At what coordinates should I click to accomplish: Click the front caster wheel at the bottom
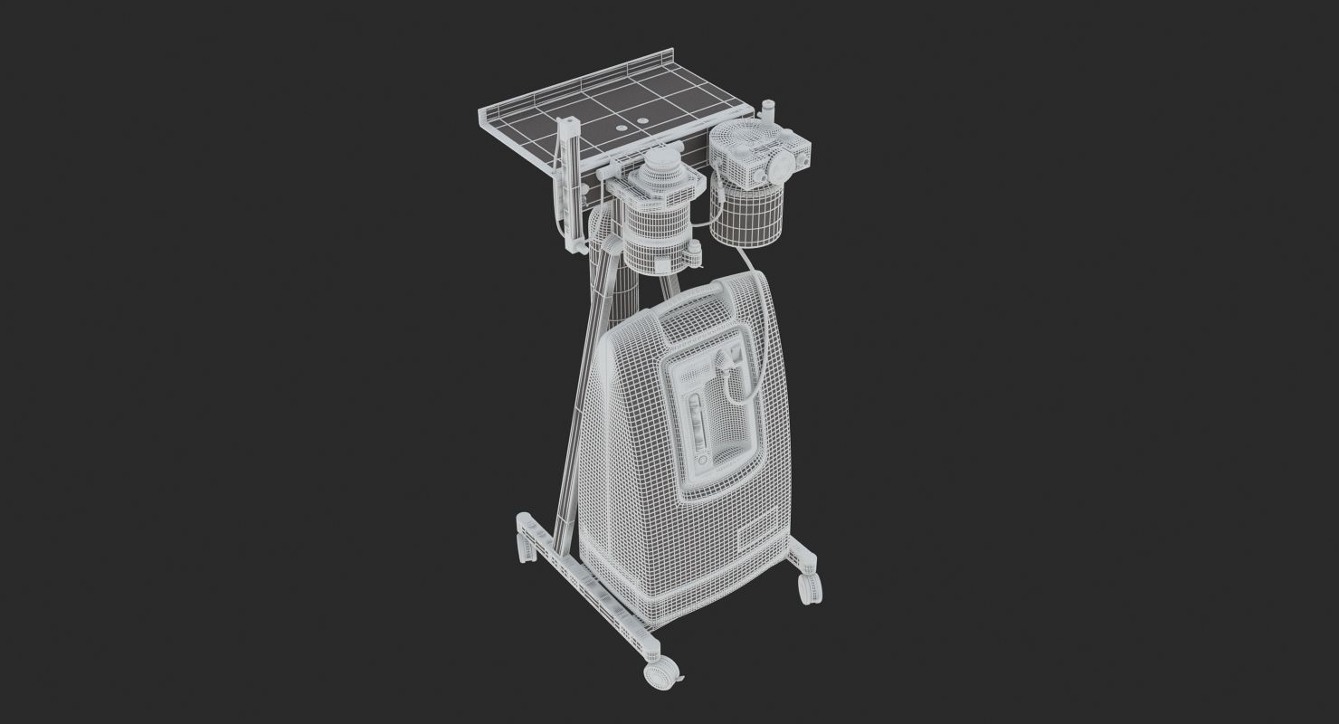[660, 673]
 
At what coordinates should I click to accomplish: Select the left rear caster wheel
[523, 545]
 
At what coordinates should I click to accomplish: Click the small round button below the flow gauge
[702, 461]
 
